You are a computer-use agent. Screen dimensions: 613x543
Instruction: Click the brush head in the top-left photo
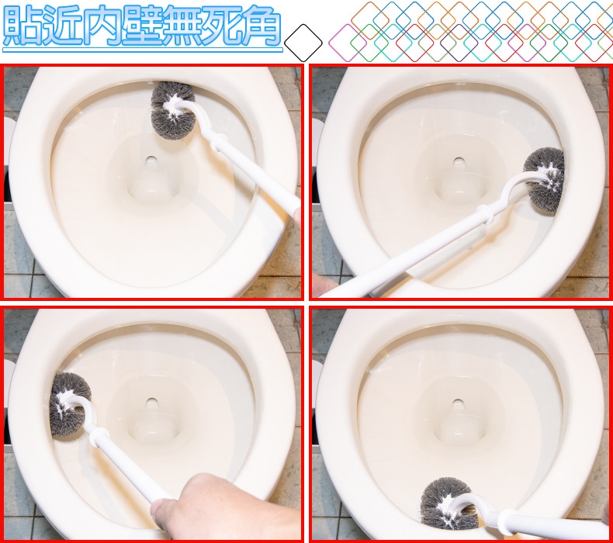point(173,110)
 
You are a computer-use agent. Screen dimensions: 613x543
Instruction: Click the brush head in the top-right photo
point(544,179)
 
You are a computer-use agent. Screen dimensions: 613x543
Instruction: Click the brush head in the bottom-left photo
point(70,405)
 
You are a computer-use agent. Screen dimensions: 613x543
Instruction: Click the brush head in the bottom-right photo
point(448,504)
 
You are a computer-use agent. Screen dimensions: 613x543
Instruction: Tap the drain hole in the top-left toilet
point(151,161)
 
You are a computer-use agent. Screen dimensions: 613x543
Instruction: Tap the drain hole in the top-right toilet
point(459,162)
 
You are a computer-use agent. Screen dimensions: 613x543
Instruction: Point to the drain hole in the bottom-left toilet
point(151,403)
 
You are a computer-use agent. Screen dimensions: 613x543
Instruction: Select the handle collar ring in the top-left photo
point(219,142)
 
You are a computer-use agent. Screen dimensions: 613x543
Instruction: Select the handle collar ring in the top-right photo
point(485,214)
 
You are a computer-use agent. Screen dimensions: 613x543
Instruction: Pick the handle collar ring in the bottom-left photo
point(99,437)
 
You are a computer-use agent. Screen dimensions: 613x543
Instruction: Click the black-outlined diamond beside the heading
point(303,43)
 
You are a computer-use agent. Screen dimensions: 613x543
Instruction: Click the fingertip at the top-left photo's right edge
point(297,216)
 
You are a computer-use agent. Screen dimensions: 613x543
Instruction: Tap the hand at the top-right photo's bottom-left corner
point(324,285)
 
